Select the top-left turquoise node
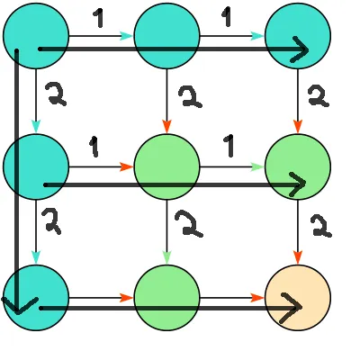point(36,36)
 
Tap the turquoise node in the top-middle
point(166,36)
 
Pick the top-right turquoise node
point(298,36)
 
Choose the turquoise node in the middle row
point(36,166)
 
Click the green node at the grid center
point(166,166)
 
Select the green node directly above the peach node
point(298,166)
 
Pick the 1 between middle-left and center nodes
point(95,146)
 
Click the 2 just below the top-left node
point(53,93)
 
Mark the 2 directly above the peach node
point(317,225)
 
